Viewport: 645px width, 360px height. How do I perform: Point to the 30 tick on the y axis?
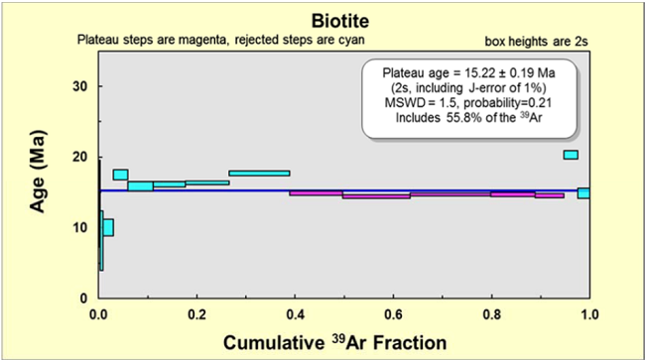click(77, 86)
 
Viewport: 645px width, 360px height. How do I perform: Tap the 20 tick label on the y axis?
click(77, 157)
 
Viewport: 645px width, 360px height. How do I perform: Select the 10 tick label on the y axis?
click(77, 227)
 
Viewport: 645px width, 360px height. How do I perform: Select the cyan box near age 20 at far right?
click(571, 155)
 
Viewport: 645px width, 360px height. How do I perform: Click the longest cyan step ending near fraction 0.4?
click(259, 173)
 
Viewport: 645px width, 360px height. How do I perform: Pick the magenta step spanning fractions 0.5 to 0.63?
click(376, 196)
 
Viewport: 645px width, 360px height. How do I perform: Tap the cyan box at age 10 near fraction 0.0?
click(108, 227)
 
